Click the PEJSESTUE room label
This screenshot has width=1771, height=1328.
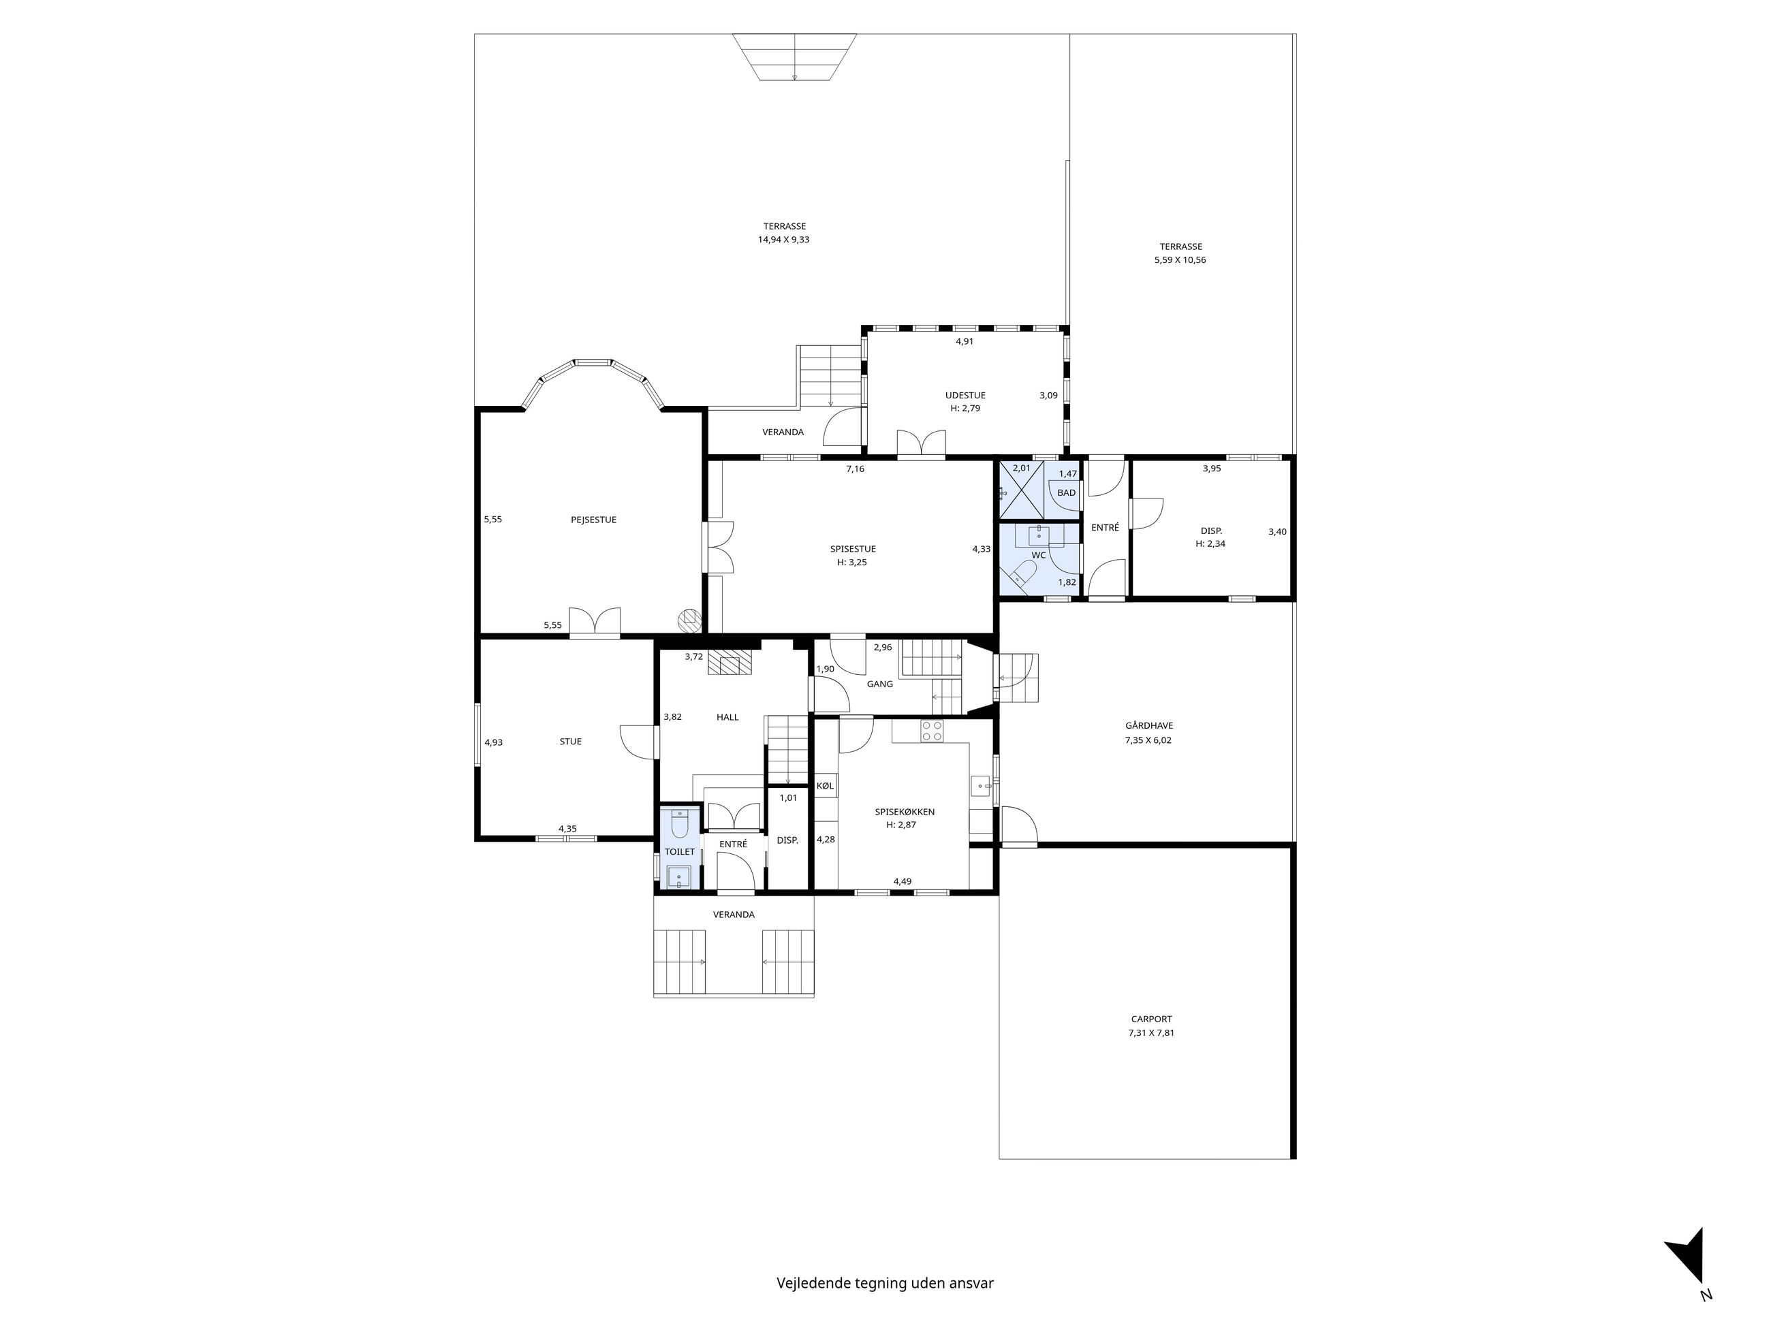click(593, 520)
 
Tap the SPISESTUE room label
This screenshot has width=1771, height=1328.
click(853, 549)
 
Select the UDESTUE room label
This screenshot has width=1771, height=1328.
click(965, 396)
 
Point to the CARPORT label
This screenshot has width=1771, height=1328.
click(1151, 1019)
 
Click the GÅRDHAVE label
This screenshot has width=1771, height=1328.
click(1149, 726)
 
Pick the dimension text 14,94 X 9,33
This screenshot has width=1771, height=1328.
click(784, 239)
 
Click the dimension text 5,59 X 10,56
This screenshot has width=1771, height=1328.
click(1180, 260)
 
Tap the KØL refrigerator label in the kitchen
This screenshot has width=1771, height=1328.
click(825, 786)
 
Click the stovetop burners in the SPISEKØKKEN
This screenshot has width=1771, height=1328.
click(932, 730)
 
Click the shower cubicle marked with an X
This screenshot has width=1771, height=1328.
click(1022, 489)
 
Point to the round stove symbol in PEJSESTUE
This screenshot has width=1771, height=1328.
click(689, 619)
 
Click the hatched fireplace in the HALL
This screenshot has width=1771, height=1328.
click(730, 663)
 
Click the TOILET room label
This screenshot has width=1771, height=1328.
click(680, 852)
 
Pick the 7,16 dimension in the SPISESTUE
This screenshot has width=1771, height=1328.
click(855, 469)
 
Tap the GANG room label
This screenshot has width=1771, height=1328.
click(880, 684)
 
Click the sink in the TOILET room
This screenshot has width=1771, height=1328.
click(679, 878)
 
